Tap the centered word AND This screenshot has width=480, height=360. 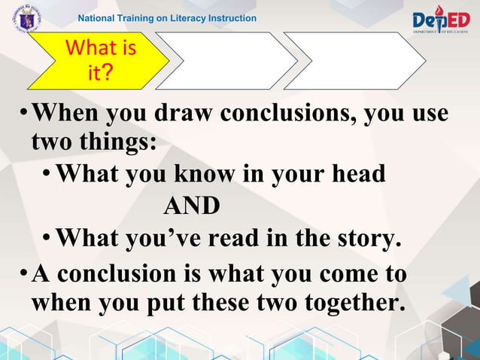[192, 206]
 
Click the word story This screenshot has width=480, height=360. [364, 239]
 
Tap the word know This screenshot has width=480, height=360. [203, 174]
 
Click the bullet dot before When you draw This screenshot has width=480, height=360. [23, 116]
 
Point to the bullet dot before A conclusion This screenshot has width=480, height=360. [23, 273]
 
